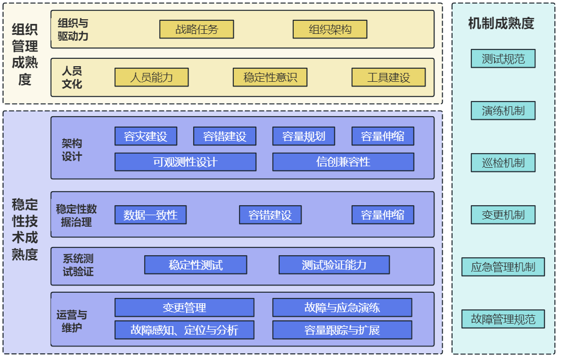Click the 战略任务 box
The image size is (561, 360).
[196, 29]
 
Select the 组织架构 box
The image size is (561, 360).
[330, 29]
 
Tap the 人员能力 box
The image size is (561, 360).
[151, 78]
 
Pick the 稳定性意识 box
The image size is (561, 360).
[270, 78]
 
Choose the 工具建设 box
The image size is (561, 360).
[389, 78]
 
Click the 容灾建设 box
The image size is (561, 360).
[146, 136]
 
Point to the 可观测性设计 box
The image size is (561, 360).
[185, 162]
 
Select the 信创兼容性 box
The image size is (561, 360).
[343, 162]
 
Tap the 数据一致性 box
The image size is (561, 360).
[151, 215]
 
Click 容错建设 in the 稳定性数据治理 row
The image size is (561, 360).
[270, 215]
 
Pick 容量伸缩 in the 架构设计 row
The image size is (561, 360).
[383, 136]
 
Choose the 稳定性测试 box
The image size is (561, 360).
[196, 265]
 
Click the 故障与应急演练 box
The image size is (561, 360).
[342, 307]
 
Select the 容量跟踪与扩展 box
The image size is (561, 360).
[342, 330]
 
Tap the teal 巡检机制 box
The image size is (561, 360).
[503, 163]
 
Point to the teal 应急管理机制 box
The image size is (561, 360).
[503, 267]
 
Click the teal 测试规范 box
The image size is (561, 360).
[503, 59]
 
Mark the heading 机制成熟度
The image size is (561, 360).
[501, 23]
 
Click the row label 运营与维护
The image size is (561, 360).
[72, 321]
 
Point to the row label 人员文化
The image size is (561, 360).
[72, 77]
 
